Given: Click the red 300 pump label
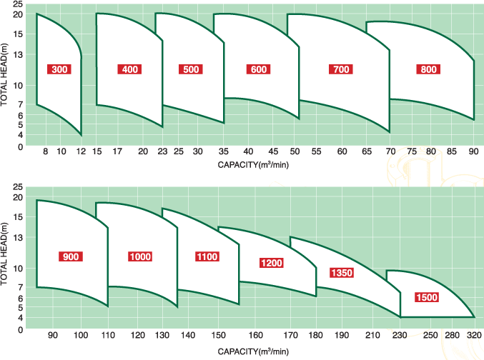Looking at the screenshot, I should [61, 69].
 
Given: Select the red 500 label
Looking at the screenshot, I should [191, 69].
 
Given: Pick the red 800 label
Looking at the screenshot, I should [429, 69].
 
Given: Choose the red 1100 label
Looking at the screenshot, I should [206, 256].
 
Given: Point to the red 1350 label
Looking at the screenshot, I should [341, 273].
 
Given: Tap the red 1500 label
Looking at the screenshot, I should [428, 297].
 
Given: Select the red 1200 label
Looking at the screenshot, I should [272, 263].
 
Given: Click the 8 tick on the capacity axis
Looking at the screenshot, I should [46, 152].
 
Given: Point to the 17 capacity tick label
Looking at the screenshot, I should [117, 152].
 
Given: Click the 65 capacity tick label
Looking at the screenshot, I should [367, 152].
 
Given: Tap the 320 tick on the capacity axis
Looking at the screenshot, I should [473, 336].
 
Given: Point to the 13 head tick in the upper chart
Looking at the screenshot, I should [19, 54].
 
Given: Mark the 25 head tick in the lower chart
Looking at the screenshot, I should [19, 186].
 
